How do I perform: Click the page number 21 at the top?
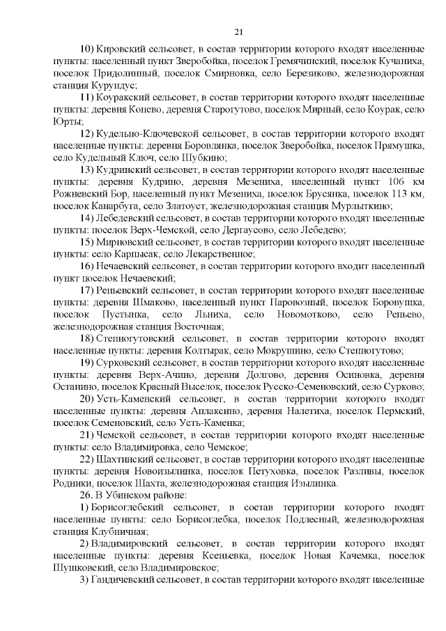point(238,31)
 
